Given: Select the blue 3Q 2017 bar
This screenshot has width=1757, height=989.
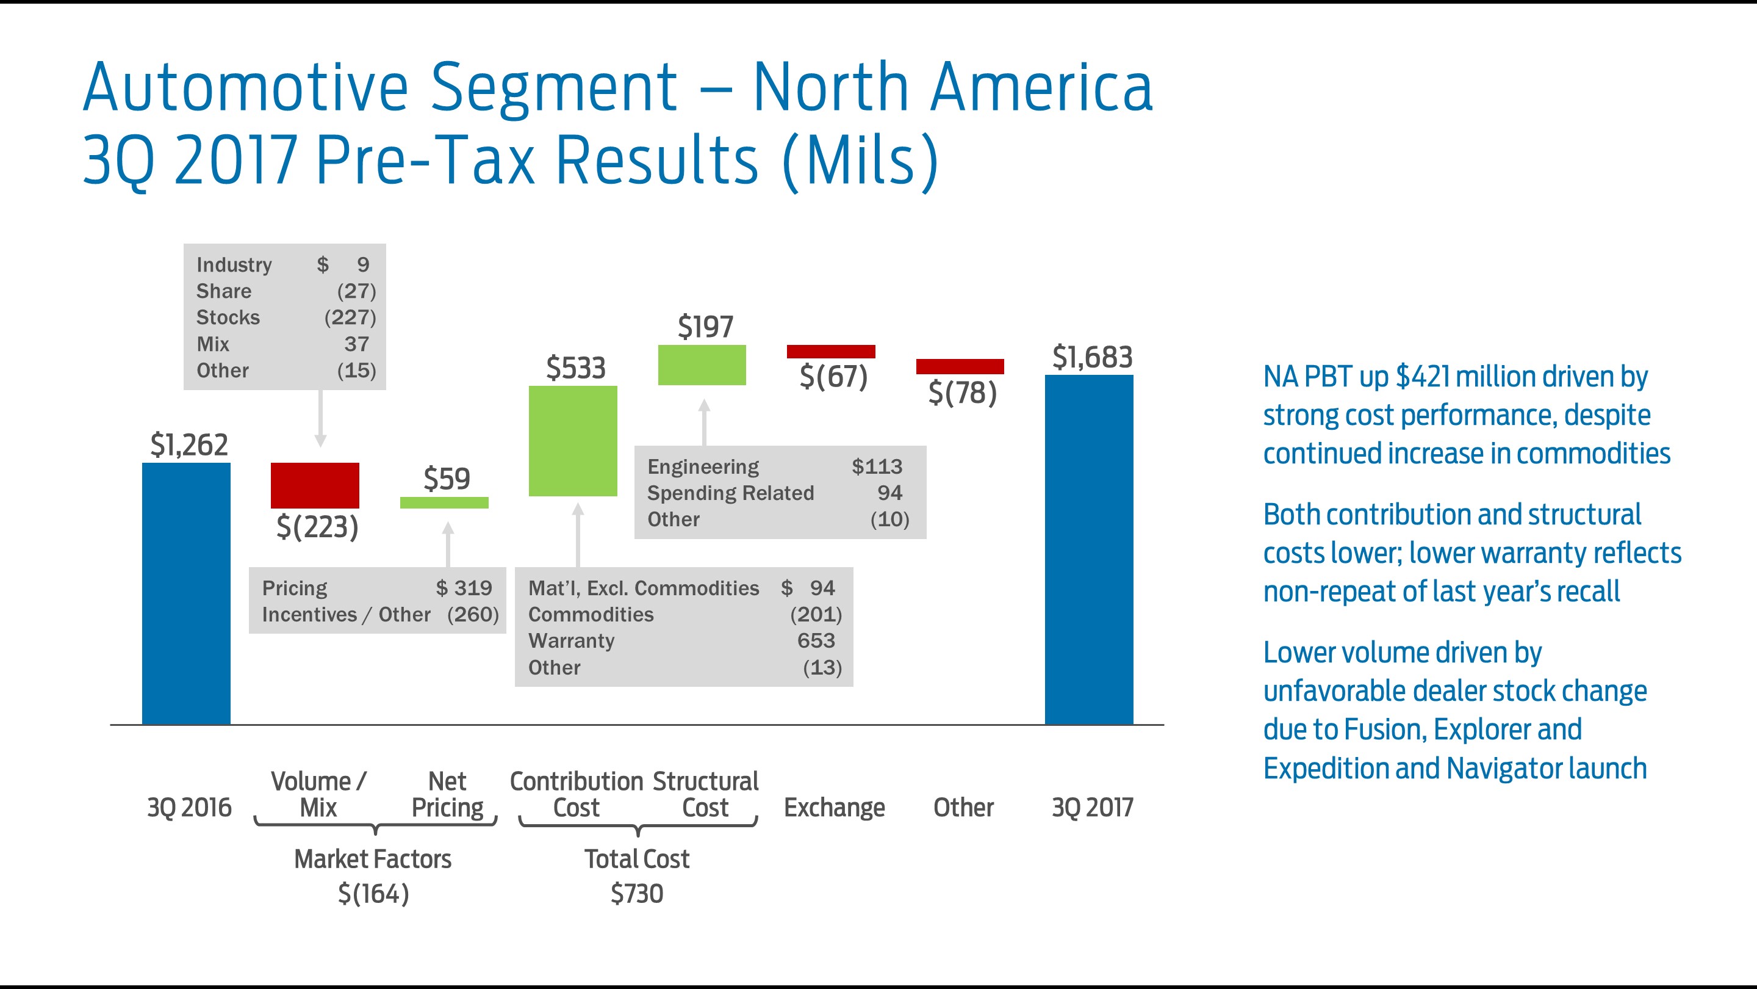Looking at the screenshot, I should pos(1088,549).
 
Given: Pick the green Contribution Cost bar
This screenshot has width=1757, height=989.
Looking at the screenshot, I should pos(573,441).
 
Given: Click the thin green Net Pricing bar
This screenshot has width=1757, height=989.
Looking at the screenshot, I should pos(444,502).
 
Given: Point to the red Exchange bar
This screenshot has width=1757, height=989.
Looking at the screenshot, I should pos(831,352).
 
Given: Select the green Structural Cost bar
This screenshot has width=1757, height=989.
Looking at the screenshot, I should pos(702,365).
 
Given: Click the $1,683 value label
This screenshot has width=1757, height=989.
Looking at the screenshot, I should pos(1092,357).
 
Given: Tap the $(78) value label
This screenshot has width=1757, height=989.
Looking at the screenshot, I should pos(963,393).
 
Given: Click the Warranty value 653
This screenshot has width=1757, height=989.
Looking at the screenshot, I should pos(816,640).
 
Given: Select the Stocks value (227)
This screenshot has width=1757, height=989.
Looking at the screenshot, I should pos(350,317).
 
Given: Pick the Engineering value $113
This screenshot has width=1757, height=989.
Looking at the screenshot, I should pos(877,466).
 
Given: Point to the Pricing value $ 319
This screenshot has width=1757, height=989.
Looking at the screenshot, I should pos(464,588).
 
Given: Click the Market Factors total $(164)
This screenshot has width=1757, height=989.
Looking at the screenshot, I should pos(373,893).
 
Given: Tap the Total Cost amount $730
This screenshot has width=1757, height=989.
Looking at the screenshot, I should pos(636,893).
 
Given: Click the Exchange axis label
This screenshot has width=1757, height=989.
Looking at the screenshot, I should pos(833,808).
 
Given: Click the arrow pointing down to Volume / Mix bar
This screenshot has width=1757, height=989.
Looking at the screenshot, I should pos(320,420).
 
